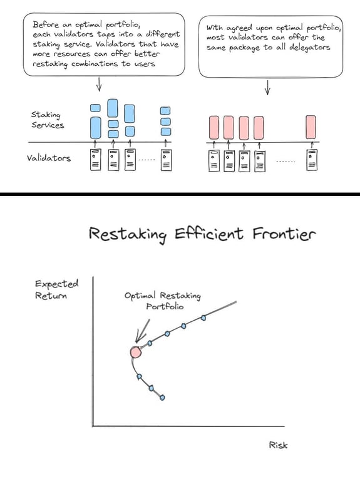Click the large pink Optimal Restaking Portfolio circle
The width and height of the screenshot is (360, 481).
coord(135,353)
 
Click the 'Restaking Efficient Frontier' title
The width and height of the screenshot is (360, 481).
coord(202,234)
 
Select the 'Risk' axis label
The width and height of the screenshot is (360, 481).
coord(278,445)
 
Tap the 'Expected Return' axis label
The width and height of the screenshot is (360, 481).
coord(56,289)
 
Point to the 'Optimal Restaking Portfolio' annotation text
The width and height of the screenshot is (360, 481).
coord(163,301)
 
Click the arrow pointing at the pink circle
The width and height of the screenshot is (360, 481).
coord(142,331)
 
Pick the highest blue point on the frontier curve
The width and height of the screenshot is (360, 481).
coord(203,318)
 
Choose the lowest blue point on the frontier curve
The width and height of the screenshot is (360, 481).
coord(162,398)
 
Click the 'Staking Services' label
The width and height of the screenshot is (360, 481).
coord(47,120)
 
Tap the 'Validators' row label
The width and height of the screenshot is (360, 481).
coord(48,158)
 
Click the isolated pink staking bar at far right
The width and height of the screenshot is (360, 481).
coord(311,127)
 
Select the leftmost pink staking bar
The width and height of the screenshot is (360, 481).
coord(214,127)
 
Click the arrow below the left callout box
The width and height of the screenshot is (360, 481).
coord(99,84)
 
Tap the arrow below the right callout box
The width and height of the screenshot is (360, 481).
coord(267,88)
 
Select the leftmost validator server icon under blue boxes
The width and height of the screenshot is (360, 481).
coord(95,160)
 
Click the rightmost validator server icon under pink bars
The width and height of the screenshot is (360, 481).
coord(312,160)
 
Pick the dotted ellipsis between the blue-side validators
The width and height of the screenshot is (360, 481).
coord(147,160)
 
